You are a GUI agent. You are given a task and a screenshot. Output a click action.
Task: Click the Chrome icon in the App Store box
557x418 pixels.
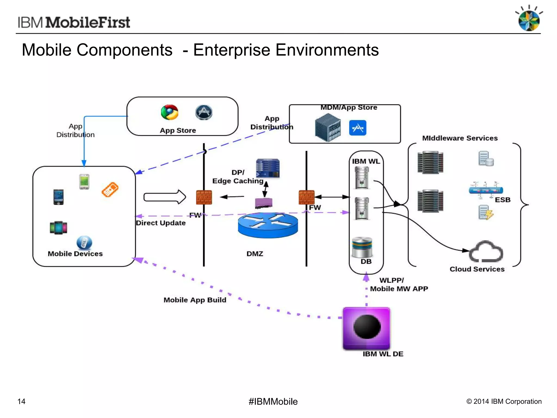(x=169, y=112)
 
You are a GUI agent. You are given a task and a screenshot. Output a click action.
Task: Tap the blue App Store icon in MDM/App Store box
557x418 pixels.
(x=357, y=128)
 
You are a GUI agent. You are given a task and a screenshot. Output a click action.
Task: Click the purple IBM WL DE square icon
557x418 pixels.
(x=366, y=328)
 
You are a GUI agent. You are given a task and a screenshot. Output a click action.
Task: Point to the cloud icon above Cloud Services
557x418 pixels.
(x=486, y=251)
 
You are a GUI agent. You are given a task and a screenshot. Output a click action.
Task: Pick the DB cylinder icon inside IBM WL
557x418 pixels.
(x=362, y=247)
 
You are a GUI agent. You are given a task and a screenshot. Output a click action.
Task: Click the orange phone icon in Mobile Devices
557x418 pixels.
(x=110, y=189)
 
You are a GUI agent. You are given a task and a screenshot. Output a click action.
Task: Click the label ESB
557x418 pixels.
(x=502, y=200)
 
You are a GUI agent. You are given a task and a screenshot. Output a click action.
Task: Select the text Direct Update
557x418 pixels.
(x=161, y=223)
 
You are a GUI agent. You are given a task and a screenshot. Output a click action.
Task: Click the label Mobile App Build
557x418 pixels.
(x=195, y=300)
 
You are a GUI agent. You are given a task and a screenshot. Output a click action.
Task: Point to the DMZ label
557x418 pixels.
(x=255, y=254)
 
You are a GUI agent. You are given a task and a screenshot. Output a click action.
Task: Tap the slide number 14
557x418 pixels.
(x=21, y=401)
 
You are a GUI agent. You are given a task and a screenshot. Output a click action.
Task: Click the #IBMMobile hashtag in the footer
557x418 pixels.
(x=273, y=401)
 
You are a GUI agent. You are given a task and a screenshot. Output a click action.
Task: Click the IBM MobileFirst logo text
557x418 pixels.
(x=74, y=22)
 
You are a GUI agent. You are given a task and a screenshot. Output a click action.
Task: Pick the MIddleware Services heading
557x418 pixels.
(x=460, y=138)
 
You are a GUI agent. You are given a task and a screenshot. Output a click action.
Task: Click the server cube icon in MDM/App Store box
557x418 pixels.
(x=328, y=127)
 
